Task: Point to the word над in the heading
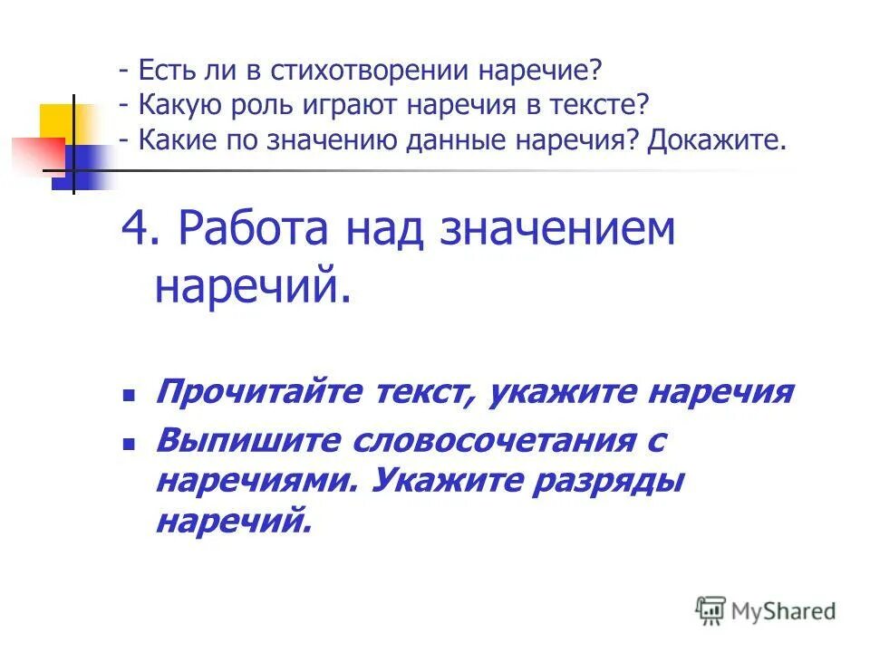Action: click(387, 230)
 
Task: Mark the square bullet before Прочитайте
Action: click(130, 396)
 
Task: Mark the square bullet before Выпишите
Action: click(130, 444)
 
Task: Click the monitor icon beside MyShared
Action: click(710, 610)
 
